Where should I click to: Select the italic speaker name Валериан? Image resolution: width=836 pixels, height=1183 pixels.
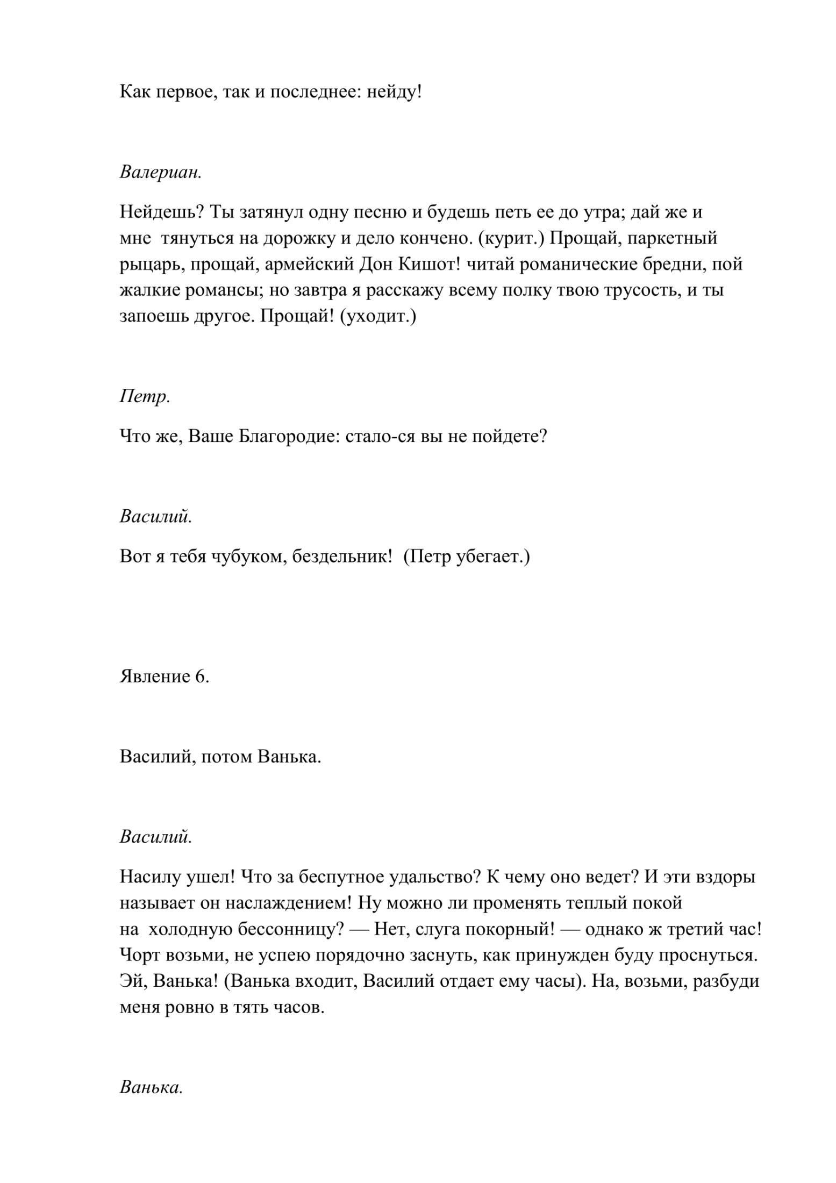161,173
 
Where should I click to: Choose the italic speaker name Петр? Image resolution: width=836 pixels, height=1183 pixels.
145,397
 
